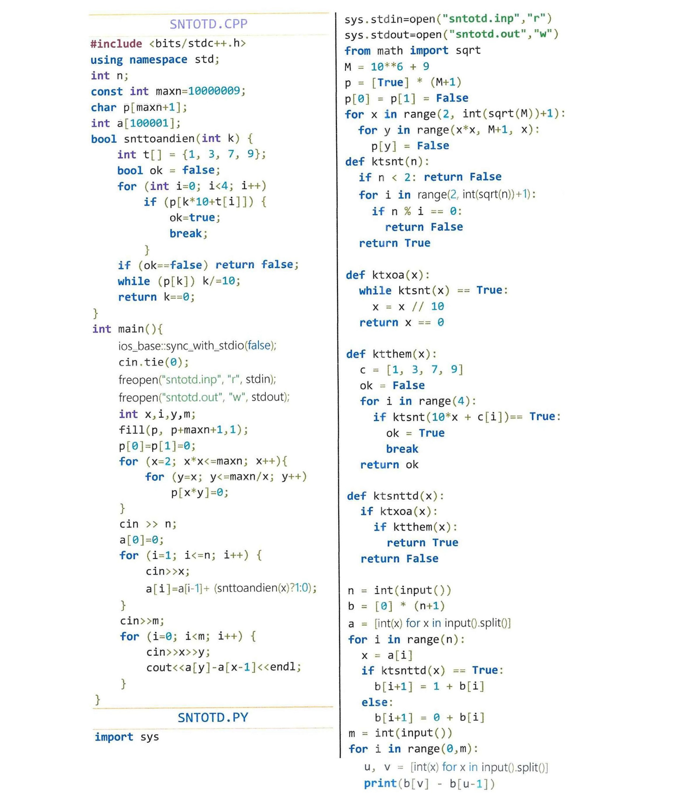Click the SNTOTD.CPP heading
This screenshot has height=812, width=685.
(x=209, y=24)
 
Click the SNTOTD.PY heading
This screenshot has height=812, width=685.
(x=213, y=717)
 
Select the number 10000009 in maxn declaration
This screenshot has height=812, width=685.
(x=214, y=91)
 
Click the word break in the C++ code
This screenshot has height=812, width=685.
(x=186, y=233)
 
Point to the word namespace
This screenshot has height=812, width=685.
(x=158, y=59)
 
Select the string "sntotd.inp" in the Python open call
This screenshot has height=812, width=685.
(x=481, y=18)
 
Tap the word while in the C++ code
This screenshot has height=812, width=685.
(x=134, y=281)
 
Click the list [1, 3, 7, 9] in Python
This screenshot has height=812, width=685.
(x=424, y=370)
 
